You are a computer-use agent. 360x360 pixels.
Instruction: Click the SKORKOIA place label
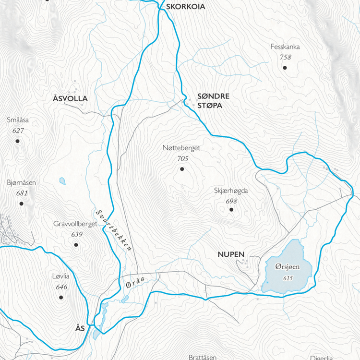click(x=185, y=7)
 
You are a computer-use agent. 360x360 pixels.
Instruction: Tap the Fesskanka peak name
click(x=285, y=47)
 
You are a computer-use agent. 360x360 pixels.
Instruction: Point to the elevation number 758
click(x=285, y=57)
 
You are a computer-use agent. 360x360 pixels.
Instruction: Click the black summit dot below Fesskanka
click(x=285, y=68)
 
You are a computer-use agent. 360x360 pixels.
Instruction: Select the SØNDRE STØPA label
click(x=213, y=101)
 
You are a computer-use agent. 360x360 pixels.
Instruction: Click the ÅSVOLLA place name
click(x=70, y=98)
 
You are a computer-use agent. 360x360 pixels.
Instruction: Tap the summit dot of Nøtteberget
click(x=182, y=169)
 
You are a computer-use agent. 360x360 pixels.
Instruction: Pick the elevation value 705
click(x=182, y=158)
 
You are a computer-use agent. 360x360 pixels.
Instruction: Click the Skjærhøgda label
click(x=231, y=191)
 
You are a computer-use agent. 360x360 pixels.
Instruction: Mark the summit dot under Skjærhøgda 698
click(x=231, y=209)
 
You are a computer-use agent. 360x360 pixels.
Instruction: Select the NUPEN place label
click(x=231, y=254)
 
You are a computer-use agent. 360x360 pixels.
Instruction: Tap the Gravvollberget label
click(x=76, y=224)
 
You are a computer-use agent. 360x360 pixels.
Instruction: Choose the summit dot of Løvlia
click(x=61, y=297)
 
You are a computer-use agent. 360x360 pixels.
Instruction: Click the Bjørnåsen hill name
click(x=22, y=183)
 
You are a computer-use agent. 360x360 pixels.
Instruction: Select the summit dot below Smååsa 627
click(x=18, y=141)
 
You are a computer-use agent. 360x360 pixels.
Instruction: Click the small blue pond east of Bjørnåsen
click(x=62, y=181)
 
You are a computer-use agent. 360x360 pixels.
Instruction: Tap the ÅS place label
click(x=80, y=328)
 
